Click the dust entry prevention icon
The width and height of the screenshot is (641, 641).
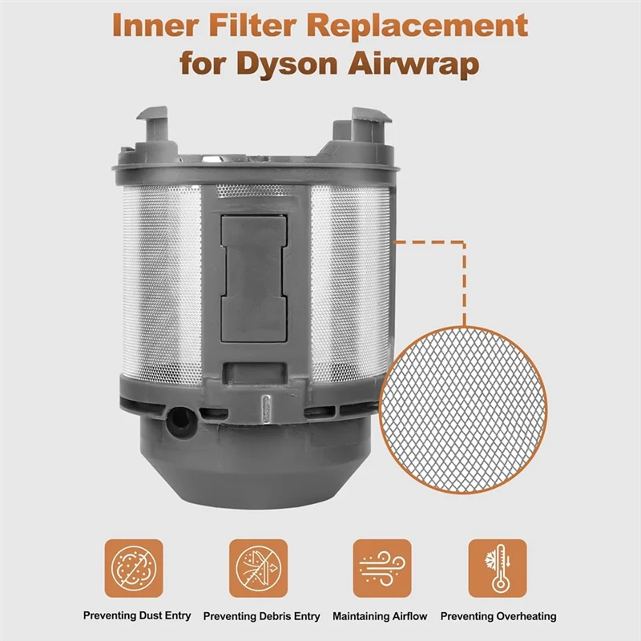133,567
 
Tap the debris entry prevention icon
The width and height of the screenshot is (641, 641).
258,567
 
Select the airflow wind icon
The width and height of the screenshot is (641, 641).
382,567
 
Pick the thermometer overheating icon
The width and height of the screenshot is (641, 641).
498,567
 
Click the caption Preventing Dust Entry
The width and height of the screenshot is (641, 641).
137,615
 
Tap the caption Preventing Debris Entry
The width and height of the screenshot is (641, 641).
261,616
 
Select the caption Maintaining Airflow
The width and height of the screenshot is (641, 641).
380,615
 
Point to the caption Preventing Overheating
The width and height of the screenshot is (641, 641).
498,616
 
